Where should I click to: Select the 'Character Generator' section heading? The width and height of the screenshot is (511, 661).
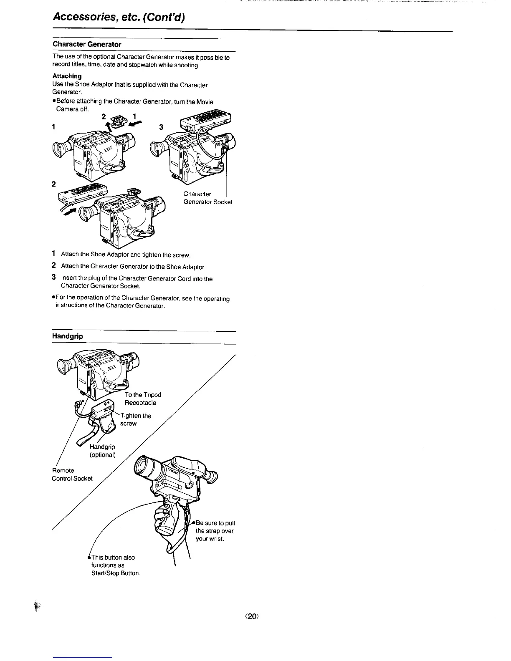[x=87, y=44]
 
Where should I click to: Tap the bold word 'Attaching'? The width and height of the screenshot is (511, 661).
[x=67, y=76]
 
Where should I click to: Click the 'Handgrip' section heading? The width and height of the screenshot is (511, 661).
[x=67, y=336]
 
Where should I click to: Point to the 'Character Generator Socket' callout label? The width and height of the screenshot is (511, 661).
[x=207, y=198]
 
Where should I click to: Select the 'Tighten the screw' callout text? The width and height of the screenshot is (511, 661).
[x=135, y=419]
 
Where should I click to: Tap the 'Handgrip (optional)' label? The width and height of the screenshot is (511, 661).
[x=102, y=451]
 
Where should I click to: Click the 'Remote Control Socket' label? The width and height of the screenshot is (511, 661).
[x=72, y=474]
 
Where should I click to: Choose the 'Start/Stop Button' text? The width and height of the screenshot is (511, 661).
[x=115, y=573]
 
